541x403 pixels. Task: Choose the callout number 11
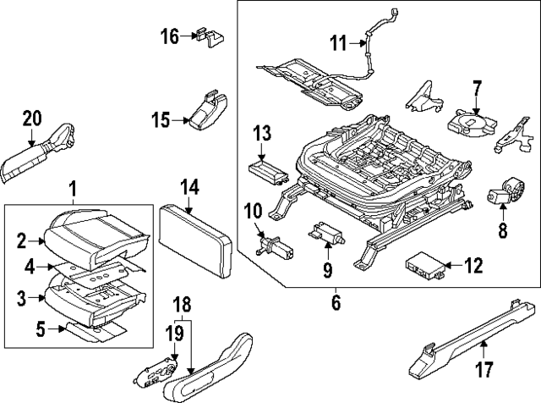point(337,42)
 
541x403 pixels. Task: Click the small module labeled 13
point(269,168)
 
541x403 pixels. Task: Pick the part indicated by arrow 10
point(274,246)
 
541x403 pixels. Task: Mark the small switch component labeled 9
point(326,232)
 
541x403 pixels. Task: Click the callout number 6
point(336,301)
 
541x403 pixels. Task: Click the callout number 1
point(72,186)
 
